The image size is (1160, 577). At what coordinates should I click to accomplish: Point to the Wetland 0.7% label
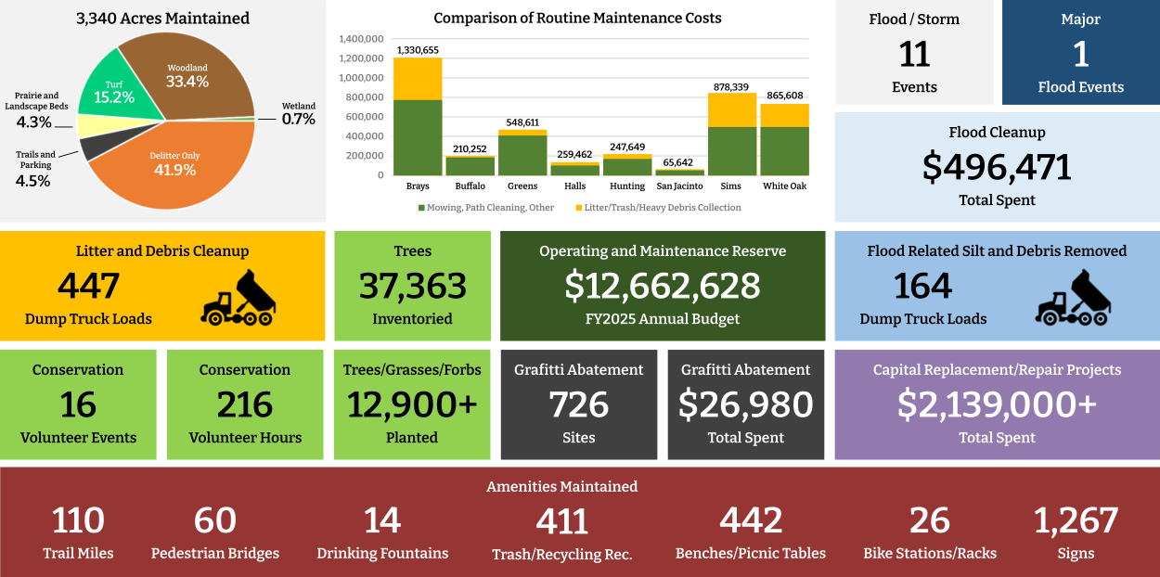pos(299,113)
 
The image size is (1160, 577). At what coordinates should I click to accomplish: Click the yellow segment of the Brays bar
pos(418,79)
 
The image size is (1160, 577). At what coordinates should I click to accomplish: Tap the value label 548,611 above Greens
pos(522,122)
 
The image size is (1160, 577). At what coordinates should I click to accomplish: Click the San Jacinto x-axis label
pos(680,186)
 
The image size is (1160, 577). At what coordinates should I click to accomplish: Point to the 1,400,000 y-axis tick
pos(362,39)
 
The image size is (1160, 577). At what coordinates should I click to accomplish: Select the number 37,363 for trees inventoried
pos(412,286)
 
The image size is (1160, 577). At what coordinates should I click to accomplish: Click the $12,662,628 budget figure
pos(663,286)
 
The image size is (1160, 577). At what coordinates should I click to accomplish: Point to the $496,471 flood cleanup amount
pos(997,167)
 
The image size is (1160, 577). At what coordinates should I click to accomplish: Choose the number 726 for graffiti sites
pos(579,404)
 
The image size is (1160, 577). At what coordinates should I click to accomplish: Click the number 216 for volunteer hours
pos(245,404)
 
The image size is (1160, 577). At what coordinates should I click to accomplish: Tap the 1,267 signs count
pos(1076,521)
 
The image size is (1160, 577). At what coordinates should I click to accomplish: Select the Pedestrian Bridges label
pos(215,554)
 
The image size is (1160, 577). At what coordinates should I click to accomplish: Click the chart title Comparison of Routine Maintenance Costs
pos(577,19)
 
